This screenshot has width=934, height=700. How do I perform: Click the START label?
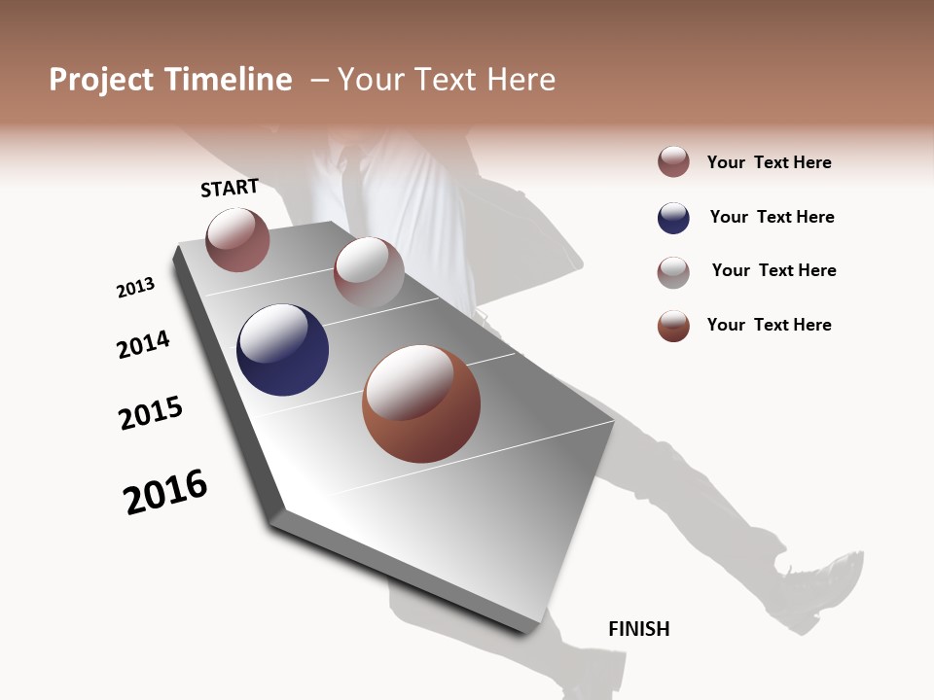tap(230, 188)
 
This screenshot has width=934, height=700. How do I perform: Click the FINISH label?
tap(638, 629)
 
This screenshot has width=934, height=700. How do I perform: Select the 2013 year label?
tap(135, 288)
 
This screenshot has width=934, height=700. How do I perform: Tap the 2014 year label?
tap(143, 345)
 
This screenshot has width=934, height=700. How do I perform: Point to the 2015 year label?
tap(151, 413)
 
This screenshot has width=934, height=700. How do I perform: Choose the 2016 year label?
tap(165, 492)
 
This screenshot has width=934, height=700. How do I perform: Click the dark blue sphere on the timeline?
tap(282, 350)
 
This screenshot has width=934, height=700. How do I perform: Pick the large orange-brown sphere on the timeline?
tap(421, 403)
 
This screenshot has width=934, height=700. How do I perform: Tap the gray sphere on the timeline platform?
tap(369, 271)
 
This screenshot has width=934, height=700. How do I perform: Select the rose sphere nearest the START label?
tap(237, 240)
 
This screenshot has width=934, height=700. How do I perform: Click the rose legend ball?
tap(673, 162)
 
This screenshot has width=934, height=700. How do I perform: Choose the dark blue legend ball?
tap(673, 218)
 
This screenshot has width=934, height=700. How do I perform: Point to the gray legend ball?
tap(673, 272)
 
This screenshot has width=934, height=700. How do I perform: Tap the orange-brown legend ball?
tap(673, 326)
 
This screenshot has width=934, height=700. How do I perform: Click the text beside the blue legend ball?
tap(772, 217)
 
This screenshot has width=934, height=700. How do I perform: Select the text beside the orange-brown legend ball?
tap(769, 325)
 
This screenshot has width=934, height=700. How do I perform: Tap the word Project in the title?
tap(101, 80)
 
